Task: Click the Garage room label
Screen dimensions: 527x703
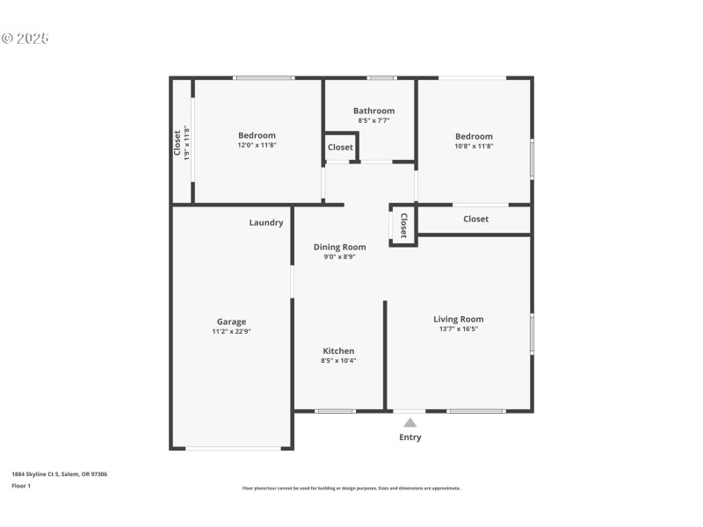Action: tap(232, 321)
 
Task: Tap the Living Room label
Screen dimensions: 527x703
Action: tap(458, 319)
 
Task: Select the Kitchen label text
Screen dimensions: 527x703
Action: tap(338, 350)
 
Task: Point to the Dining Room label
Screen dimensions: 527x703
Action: tap(339, 247)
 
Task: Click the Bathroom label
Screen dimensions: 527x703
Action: tap(373, 111)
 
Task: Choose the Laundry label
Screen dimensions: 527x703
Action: tap(266, 222)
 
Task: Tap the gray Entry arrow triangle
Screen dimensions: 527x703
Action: tap(409, 422)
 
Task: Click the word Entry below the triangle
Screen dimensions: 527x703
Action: tap(409, 437)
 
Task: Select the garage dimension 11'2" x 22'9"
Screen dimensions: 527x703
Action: tap(232, 332)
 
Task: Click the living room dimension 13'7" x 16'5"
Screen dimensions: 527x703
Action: tap(458, 329)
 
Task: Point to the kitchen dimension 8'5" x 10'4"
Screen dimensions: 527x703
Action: tap(338, 360)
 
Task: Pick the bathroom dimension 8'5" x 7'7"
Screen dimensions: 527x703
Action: tap(373, 120)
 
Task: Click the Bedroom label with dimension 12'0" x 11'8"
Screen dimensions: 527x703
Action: tap(257, 135)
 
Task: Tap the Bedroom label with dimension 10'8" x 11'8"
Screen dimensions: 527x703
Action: tap(474, 136)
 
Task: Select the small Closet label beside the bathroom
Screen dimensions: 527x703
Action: tap(341, 148)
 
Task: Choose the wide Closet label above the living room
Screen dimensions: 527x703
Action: tap(475, 219)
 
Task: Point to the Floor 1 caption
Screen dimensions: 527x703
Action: tap(21, 486)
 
